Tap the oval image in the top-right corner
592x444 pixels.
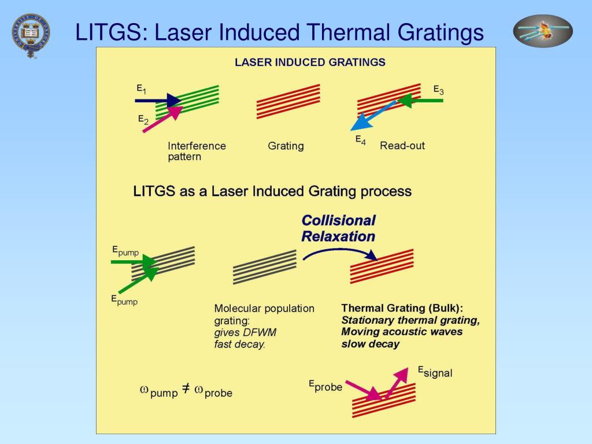tap(543, 31)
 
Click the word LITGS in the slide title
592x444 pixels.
tap(110, 32)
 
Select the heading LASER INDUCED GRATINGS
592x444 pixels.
tap(310, 62)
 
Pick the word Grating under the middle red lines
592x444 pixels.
tap(286, 146)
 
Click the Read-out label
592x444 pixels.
tap(402, 146)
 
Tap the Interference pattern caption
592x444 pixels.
tap(197, 151)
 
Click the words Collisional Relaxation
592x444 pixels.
tap(339, 228)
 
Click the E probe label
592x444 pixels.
tap(325, 386)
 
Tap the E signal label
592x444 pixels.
tap(435, 372)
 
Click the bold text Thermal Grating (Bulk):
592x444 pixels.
tap(402, 308)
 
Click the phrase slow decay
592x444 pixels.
tap(370, 344)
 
